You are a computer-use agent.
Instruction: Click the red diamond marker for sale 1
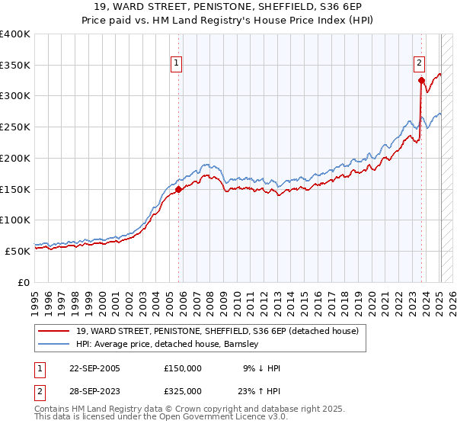tap(179, 189)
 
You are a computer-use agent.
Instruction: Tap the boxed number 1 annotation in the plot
tap(177, 63)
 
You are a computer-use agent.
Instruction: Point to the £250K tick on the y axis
tap(15, 127)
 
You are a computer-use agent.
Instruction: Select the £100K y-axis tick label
tap(15, 220)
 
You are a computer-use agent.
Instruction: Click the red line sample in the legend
tap(55, 331)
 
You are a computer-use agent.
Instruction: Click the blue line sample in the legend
tap(55, 344)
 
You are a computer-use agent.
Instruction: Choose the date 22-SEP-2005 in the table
tap(94, 368)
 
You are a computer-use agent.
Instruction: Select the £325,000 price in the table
tap(183, 391)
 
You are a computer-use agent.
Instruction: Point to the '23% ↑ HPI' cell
tap(260, 391)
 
